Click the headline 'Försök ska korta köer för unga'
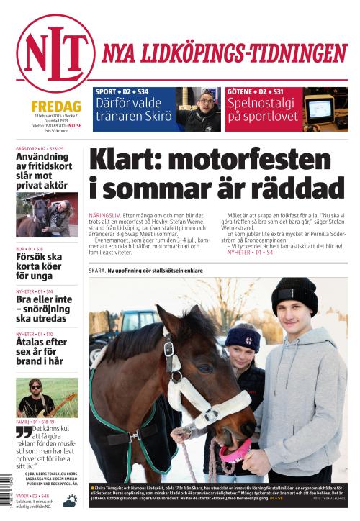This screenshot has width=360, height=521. click(40, 266)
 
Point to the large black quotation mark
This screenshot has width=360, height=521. click(24, 433)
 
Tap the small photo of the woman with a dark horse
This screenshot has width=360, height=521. click(47, 213)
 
